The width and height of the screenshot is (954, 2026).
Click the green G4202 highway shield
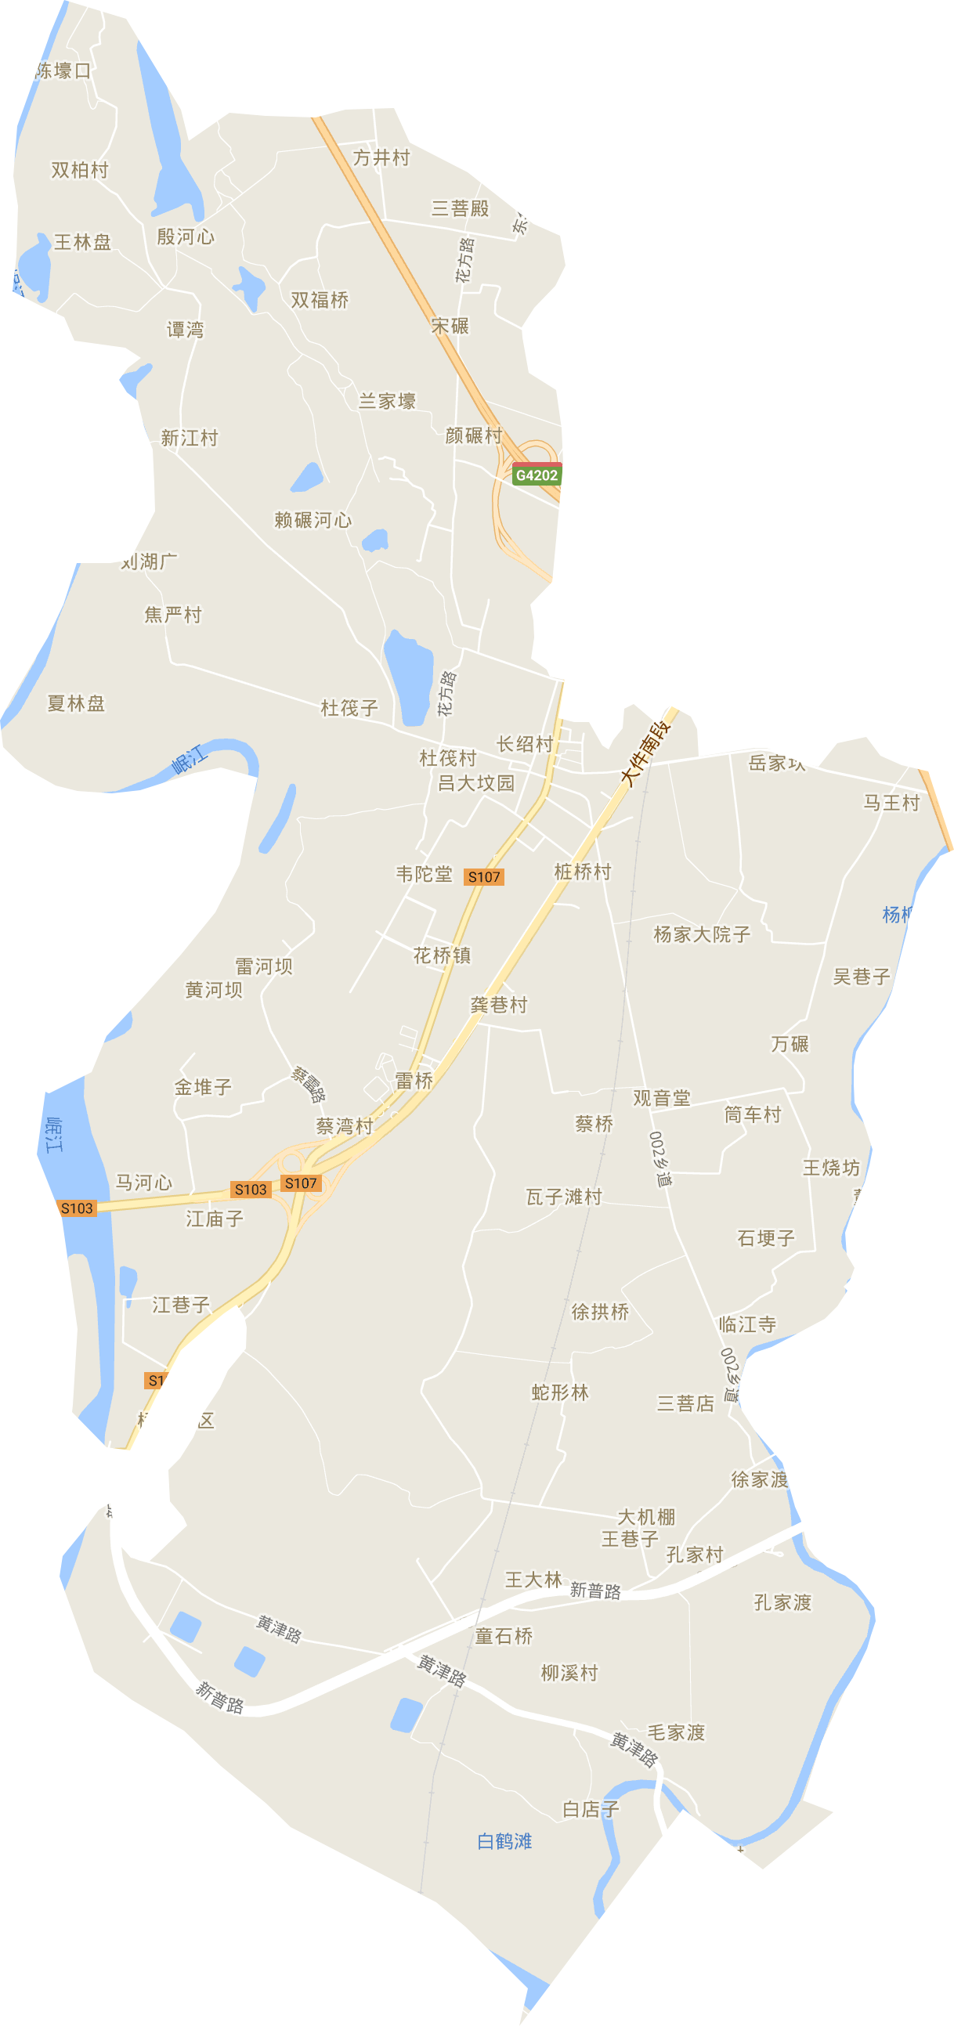tap(537, 475)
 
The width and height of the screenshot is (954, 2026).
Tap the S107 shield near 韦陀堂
tap(484, 877)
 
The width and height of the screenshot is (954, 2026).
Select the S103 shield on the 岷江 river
tap(77, 1208)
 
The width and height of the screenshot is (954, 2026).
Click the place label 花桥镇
tap(442, 955)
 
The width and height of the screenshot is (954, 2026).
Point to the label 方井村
tap(381, 158)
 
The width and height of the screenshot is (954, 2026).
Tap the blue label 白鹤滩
tap(505, 1841)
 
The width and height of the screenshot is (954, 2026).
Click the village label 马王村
tap(891, 803)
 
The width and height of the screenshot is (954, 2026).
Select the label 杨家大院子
tap(702, 934)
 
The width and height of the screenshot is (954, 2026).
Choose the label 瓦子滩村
tap(564, 1197)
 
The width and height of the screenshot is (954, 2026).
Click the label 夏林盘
tap(76, 704)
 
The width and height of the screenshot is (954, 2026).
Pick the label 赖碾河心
tap(313, 521)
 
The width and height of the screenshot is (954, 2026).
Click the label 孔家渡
tap(782, 1603)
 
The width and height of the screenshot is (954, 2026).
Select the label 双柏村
tap(79, 170)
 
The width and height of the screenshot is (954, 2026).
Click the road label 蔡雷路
tap(309, 1084)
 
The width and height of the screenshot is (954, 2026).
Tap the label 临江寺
tap(747, 1324)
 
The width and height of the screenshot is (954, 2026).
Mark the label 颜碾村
tap(473, 435)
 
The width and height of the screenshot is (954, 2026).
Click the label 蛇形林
tap(560, 1393)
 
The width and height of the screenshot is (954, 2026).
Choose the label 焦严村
tap(173, 615)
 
